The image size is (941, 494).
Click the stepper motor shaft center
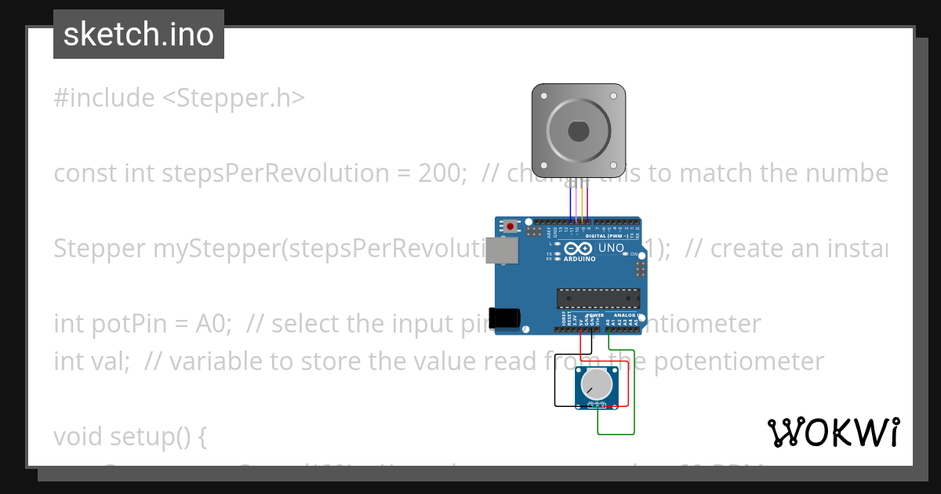(578, 130)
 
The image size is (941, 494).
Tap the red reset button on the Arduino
(511, 227)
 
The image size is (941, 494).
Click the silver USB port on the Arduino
(502, 250)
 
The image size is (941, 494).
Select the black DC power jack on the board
(503, 318)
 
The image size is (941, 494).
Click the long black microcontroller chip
(598, 298)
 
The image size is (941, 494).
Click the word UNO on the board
(611, 249)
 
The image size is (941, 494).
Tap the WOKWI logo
(834, 432)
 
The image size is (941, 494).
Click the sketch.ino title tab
(139, 35)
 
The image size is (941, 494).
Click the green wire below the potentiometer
(616, 434)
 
